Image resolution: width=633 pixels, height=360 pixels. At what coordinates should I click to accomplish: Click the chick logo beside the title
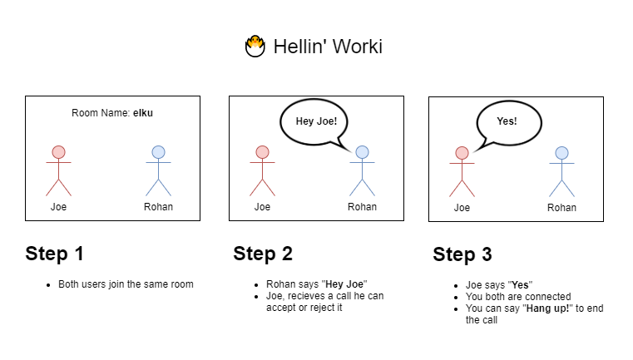(255, 47)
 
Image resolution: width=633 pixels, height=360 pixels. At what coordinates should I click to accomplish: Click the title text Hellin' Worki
(328, 47)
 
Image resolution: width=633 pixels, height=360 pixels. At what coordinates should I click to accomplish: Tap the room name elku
(142, 112)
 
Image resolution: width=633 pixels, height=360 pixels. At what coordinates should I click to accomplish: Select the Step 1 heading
(54, 254)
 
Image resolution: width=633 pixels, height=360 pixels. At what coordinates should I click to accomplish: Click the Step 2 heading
(263, 254)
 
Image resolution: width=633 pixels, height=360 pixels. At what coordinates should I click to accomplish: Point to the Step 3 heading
(462, 254)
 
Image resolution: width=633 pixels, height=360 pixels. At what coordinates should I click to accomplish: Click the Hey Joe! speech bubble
(314, 121)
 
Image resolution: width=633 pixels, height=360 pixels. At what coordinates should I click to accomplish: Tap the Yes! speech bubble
(507, 121)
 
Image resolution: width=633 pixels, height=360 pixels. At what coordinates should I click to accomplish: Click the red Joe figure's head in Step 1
(58, 152)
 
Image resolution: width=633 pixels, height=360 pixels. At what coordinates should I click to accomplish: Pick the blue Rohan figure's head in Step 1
(158, 152)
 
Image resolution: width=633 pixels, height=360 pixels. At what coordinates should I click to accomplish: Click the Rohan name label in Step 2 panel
(362, 207)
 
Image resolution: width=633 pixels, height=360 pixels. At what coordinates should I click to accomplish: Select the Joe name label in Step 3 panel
(462, 208)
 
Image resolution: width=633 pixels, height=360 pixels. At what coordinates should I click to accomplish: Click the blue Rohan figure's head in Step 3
(561, 152)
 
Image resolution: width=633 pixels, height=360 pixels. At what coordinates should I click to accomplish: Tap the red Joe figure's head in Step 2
(262, 152)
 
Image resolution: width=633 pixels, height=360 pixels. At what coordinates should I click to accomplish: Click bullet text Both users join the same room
(126, 284)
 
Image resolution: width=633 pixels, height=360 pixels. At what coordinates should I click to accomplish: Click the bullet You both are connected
(517, 297)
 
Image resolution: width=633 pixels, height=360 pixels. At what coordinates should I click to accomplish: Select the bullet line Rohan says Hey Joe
(316, 284)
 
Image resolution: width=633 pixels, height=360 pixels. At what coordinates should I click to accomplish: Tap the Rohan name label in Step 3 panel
(561, 208)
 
